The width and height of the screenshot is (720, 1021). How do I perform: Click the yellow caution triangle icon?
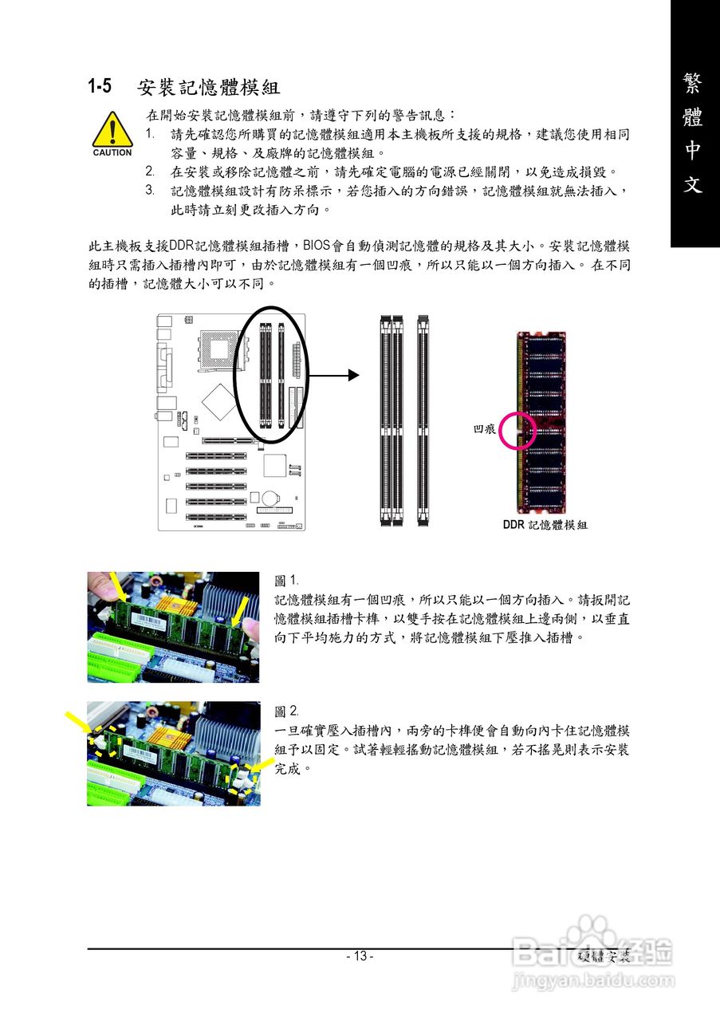pos(112,128)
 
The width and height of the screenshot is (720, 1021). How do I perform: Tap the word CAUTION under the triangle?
pos(112,152)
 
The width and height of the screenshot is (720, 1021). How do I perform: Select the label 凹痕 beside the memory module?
pos(484,429)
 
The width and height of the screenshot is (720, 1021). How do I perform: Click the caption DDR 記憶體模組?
pos(545,525)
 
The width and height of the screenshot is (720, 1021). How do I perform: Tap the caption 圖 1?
pos(285,581)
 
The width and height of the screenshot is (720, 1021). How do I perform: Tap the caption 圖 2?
pos(286,711)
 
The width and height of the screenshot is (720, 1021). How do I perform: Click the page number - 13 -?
pos(360,956)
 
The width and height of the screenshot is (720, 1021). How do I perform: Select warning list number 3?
pos(150,190)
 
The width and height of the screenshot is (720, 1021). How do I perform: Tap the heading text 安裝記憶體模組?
pos(208,85)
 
